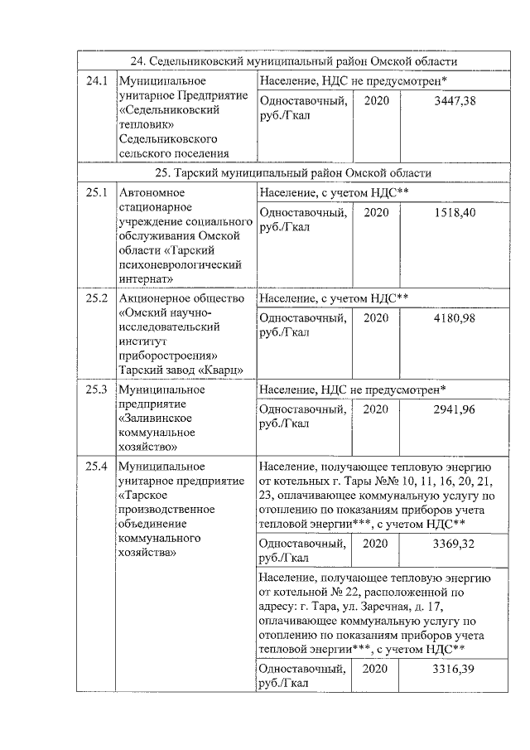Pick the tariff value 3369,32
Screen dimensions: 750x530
point(451,544)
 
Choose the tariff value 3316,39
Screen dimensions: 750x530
point(451,669)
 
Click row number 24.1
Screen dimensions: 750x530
point(97,81)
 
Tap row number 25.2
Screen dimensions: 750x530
point(97,298)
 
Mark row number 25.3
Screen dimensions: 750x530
point(97,389)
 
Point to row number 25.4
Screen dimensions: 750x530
point(97,466)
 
